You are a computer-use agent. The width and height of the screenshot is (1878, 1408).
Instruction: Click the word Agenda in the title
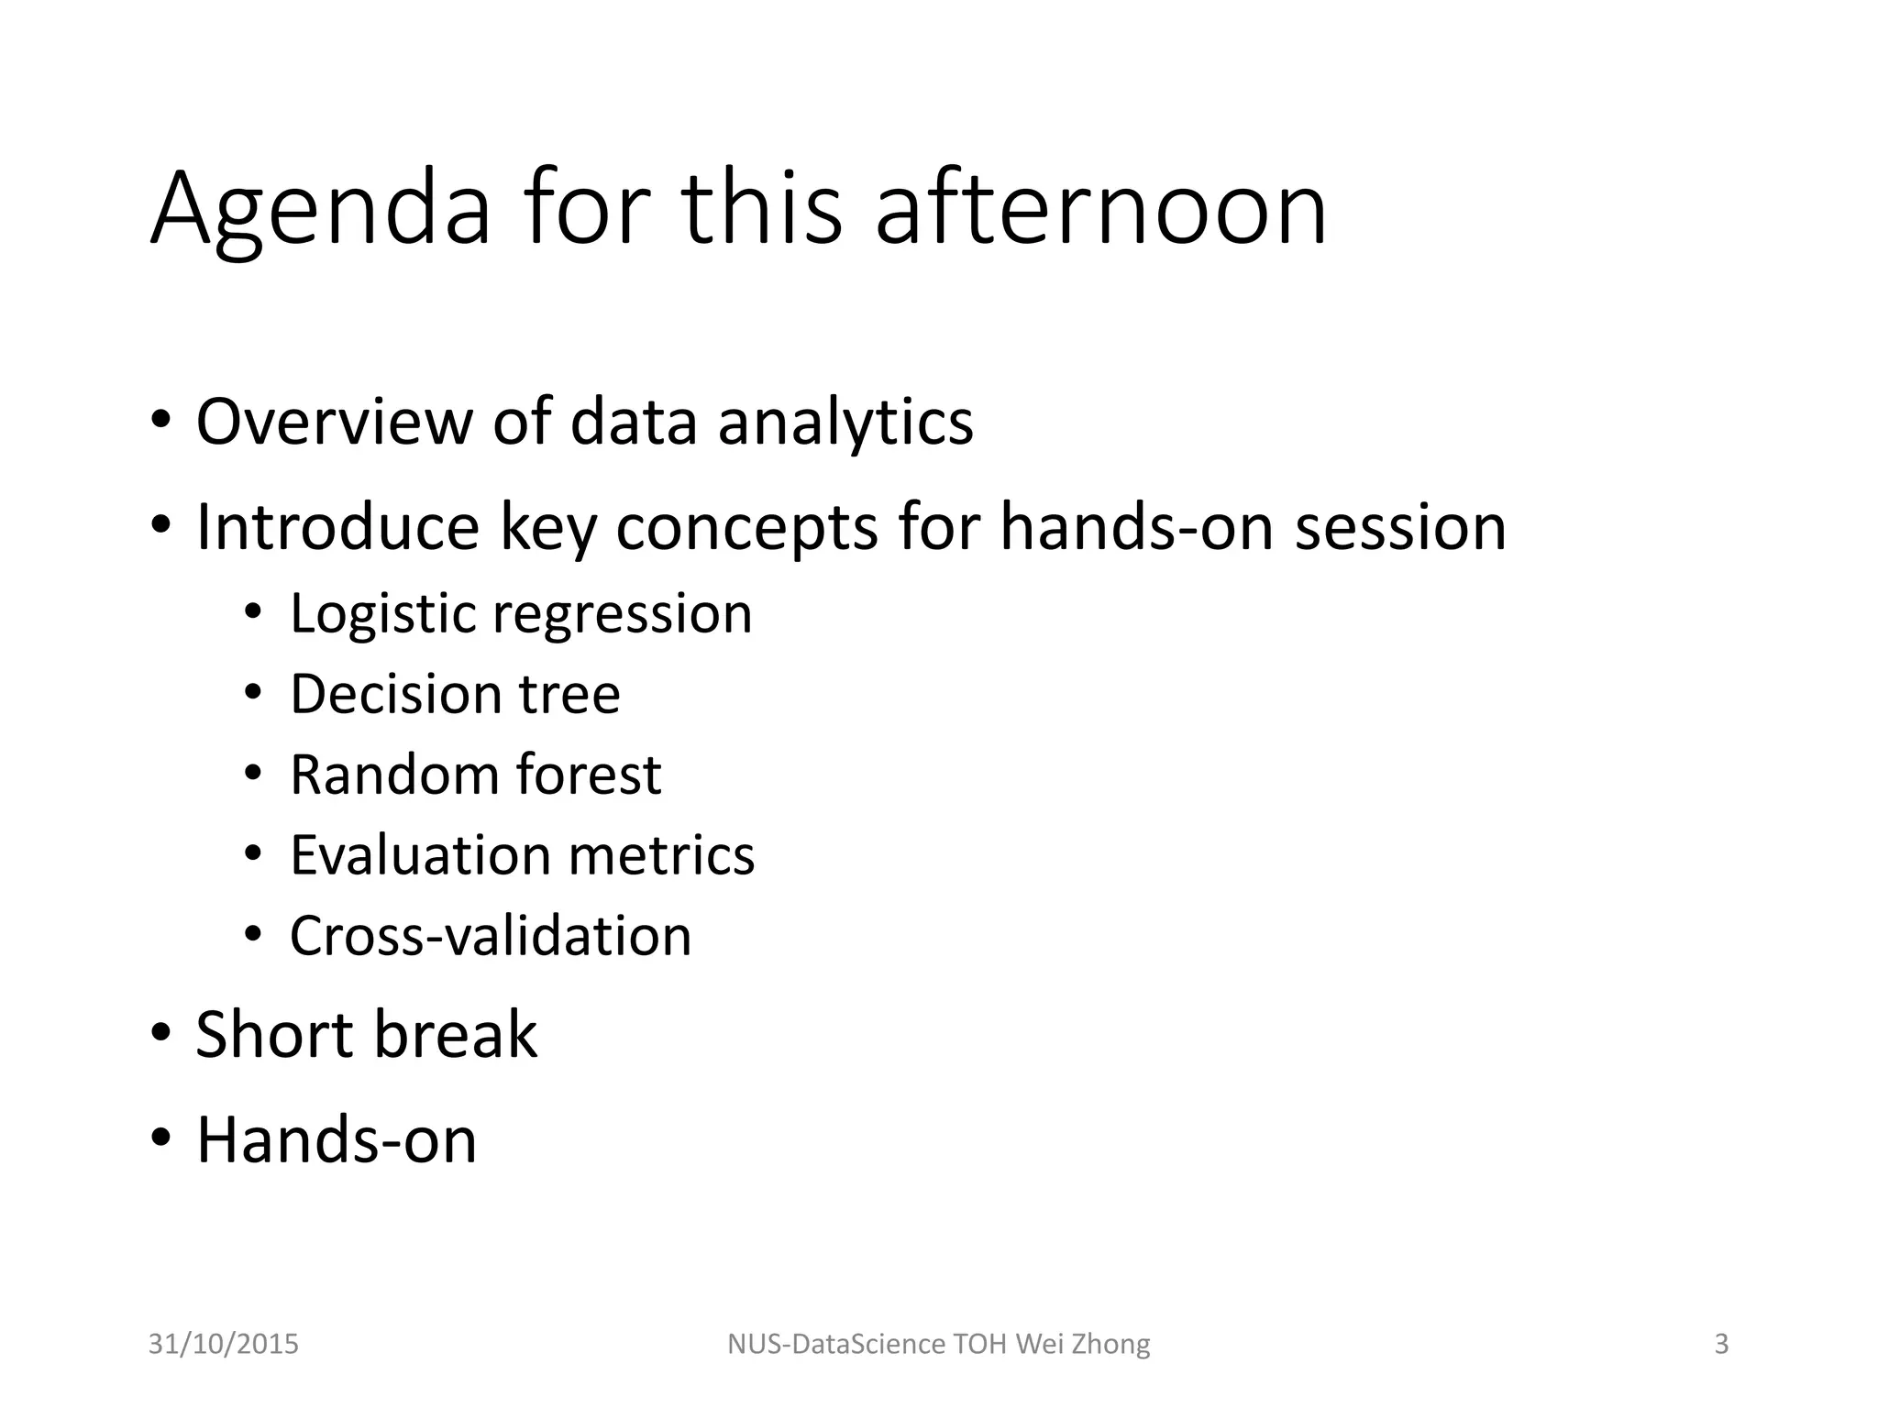coord(321,211)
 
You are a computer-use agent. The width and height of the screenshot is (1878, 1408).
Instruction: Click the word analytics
coord(845,423)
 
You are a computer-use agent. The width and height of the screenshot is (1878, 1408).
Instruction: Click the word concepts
coord(746,530)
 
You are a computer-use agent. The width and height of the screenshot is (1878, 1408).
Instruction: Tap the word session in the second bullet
coord(1400,528)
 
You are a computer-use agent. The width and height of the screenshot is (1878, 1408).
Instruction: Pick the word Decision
coord(395,694)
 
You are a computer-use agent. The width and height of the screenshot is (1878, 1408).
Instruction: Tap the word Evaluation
coord(419,855)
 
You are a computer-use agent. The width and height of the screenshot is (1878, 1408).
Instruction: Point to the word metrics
coord(661,855)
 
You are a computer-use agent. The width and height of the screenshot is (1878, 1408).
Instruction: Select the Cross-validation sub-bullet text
coord(491,936)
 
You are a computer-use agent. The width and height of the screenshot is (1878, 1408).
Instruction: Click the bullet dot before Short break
coord(161,1033)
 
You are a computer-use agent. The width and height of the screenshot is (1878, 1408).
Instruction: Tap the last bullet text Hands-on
coord(337,1139)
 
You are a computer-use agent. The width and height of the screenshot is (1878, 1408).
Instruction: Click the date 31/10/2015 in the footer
coord(224,1344)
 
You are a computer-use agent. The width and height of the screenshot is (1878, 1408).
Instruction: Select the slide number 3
coord(1721,1344)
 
